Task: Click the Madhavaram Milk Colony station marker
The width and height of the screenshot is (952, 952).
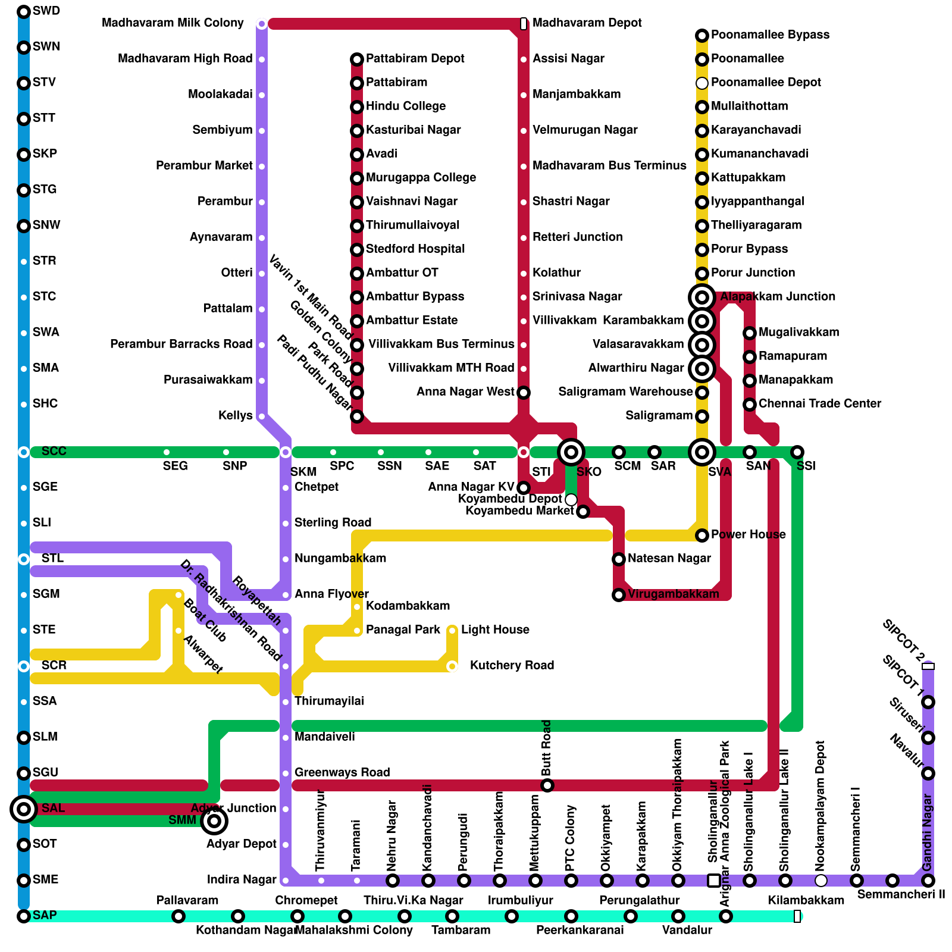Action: pyautogui.click(x=262, y=24)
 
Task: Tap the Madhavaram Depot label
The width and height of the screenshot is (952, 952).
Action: pyautogui.click(x=587, y=23)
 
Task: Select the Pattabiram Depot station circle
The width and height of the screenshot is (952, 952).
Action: pyautogui.click(x=357, y=59)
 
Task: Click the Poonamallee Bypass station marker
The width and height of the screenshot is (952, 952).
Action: pyautogui.click(x=702, y=36)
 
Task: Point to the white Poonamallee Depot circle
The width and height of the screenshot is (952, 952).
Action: pyautogui.click(x=702, y=83)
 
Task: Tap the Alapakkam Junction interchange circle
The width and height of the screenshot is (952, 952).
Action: pyautogui.click(x=702, y=297)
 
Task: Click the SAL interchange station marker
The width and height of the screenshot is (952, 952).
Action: pyautogui.click(x=24, y=809)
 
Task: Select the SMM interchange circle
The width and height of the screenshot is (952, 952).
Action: pyautogui.click(x=214, y=821)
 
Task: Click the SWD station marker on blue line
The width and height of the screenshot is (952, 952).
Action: pyautogui.click(x=24, y=12)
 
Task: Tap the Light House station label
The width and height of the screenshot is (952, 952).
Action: pyautogui.click(x=495, y=630)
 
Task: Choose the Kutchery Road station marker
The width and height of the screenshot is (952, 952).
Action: pyautogui.click(x=452, y=666)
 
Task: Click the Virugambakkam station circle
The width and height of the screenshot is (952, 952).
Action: pyautogui.click(x=619, y=595)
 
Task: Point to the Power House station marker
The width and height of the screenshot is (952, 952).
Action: pyautogui.click(x=702, y=535)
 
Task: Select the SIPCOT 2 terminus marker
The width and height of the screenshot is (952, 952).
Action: pyautogui.click(x=928, y=666)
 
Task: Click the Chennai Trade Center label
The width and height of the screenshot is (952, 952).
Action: pyautogui.click(x=820, y=403)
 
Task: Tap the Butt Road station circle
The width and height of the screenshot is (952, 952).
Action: pyautogui.click(x=547, y=785)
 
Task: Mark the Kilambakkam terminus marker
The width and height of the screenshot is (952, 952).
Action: pyautogui.click(x=797, y=916)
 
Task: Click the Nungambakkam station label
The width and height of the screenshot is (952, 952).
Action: pyautogui.click(x=340, y=558)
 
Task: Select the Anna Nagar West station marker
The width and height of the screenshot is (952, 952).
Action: pyautogui.click(x=524, y=393)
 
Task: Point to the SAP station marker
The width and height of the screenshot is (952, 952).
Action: pyautogui.click(x=24, y=916)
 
